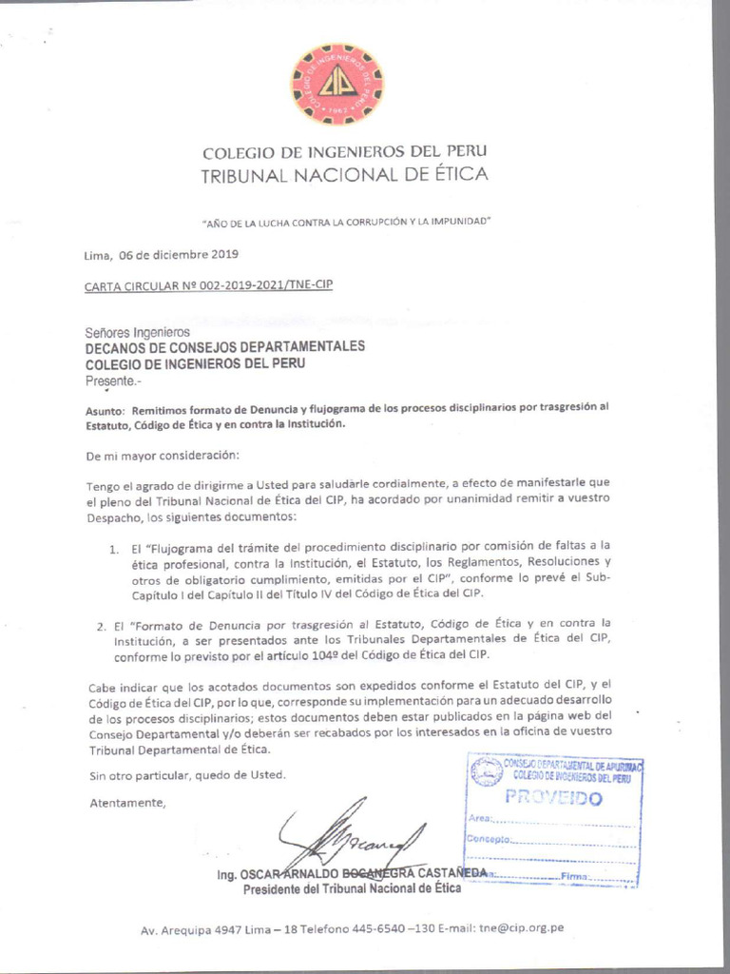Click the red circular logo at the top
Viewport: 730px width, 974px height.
337,85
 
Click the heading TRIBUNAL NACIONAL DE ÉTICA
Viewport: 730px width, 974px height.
344,175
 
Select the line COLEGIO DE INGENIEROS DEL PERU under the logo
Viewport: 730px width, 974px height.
344,152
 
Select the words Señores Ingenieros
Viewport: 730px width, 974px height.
138,332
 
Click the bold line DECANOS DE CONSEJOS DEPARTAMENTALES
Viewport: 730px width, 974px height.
225,347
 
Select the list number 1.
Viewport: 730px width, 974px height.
112,549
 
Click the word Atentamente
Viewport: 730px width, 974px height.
127,802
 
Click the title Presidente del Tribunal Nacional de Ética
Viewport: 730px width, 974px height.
352,888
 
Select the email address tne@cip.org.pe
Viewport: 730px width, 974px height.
522,928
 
